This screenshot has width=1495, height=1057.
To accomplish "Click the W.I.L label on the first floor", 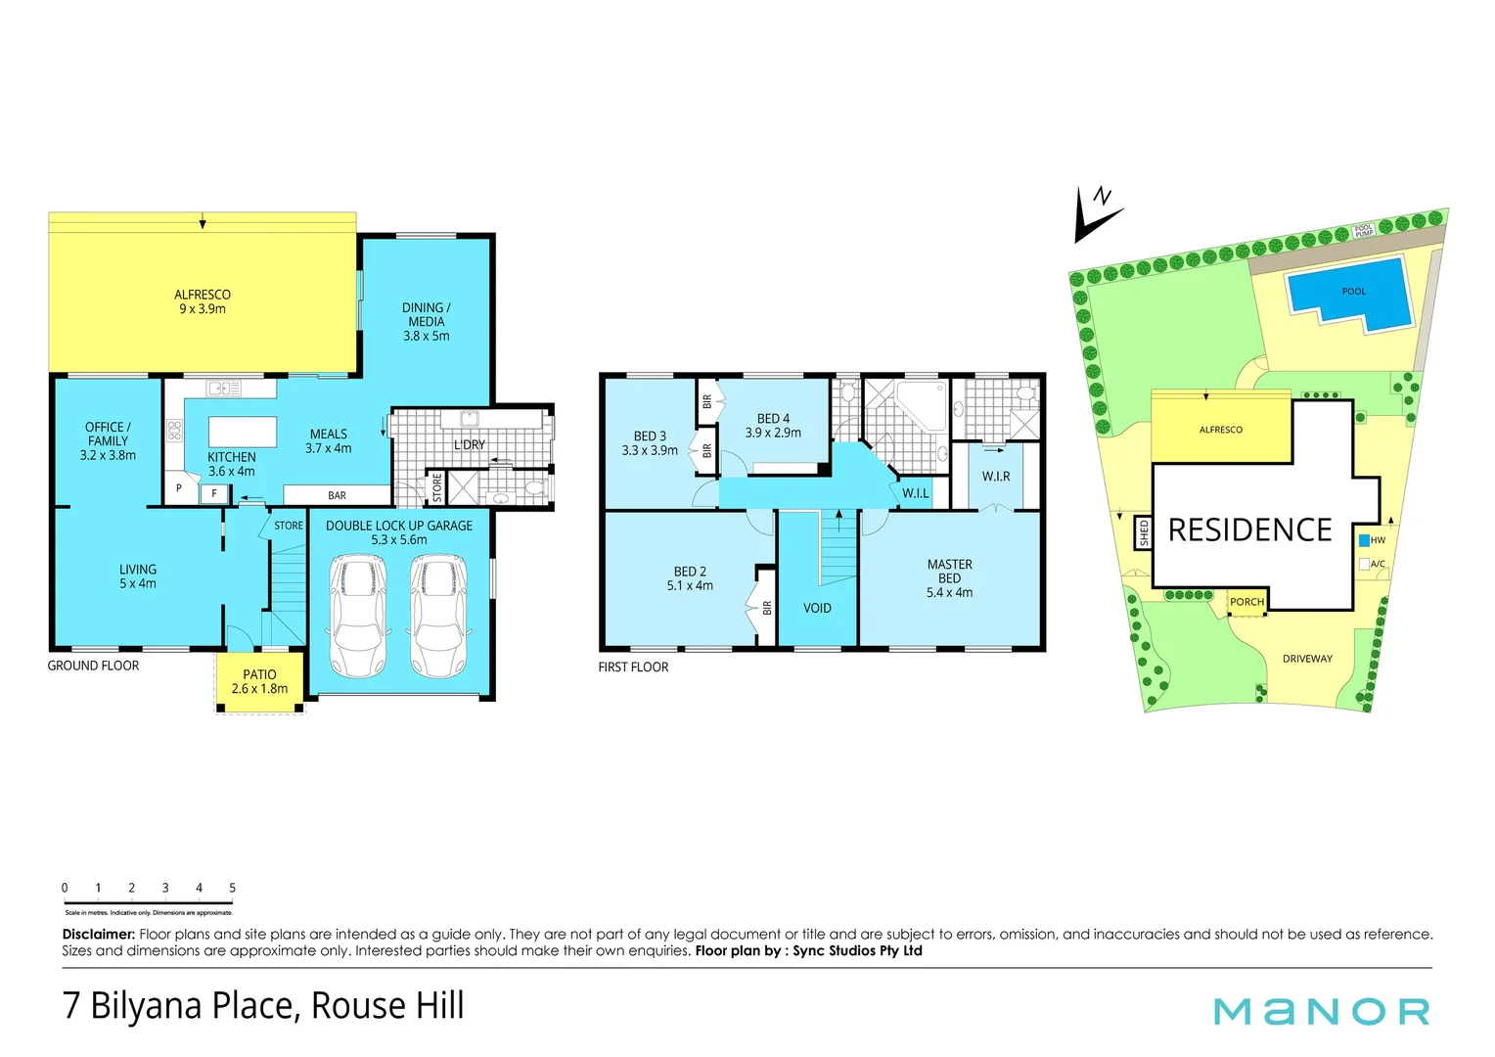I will click(x=916, y=493).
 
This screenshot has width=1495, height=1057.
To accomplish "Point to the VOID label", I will click(x=817, y=609).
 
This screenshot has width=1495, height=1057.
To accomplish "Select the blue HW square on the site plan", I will click(x=1364, y=540).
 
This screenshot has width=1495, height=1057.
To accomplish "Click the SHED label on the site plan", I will click(x=1144, y=533).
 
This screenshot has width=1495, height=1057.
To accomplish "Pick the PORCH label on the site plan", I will click(x=1246, y=602).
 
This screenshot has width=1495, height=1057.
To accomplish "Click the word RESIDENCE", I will click(x=1249, y=530).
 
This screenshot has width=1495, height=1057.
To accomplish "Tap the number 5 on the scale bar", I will click(x=232, y=889).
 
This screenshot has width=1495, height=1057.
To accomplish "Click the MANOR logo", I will click(x=1321, y=1011).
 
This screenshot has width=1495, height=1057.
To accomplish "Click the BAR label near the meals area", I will click(x=337, y=495).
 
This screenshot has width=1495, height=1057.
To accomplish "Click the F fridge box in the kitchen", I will click(x=214, y=494).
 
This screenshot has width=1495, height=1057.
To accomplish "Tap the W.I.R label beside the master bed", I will click(x=996, y=477).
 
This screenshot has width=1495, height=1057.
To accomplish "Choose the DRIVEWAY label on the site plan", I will click(x=1307, y=659).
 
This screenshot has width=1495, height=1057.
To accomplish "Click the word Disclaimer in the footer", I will click(x=98, y=935).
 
